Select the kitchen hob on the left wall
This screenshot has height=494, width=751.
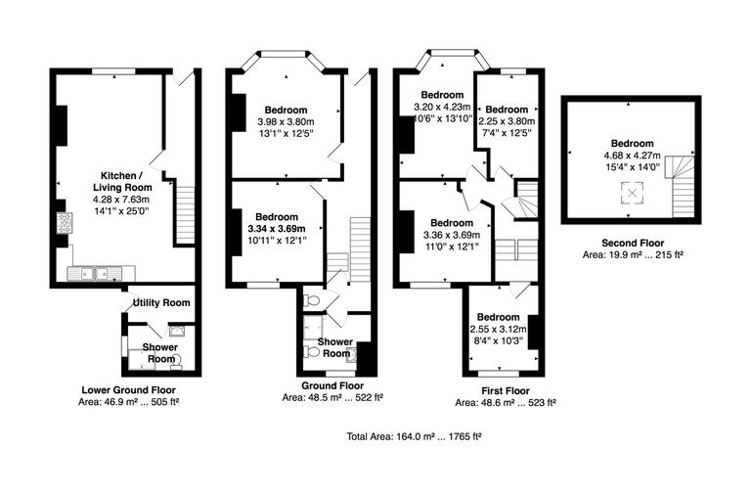(x=64, y=224)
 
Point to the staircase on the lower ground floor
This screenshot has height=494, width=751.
(x=185, y=213)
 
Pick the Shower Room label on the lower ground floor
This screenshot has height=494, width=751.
(x=160, y=352)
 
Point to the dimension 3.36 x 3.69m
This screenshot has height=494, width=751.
(x=452, y=235)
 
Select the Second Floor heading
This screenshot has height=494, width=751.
(x=631, y=242)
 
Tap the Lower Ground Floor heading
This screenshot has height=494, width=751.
(x=129, y=389)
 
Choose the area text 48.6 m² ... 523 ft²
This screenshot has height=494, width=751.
(x=505, y=402)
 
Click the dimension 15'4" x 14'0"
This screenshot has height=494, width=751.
(x=631, y=166)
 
